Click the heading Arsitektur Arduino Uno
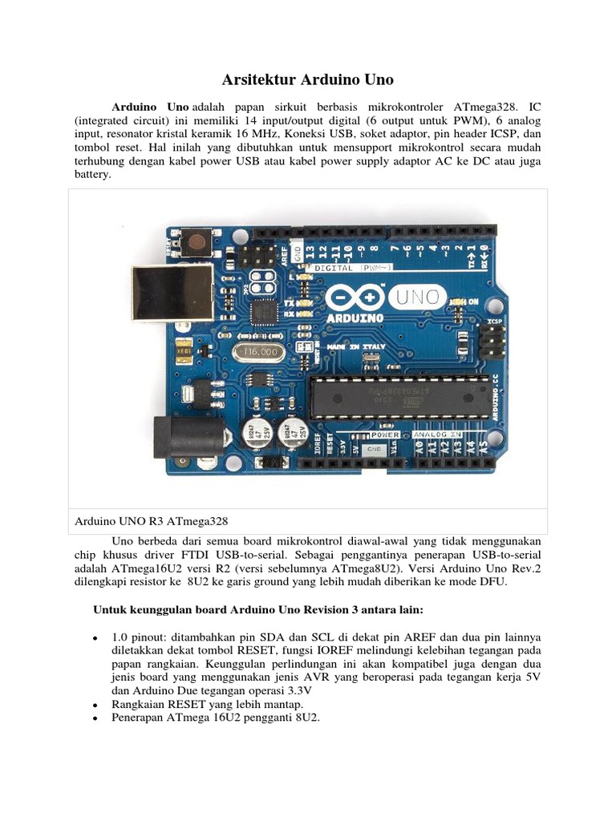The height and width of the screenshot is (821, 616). (307, 79)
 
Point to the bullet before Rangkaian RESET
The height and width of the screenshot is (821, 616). (95, 704)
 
